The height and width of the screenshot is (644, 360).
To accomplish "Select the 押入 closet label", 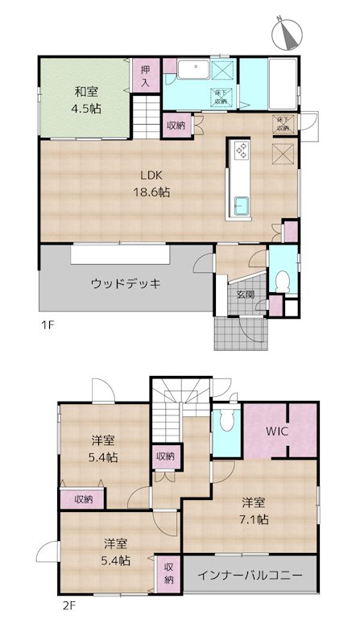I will (146, 76).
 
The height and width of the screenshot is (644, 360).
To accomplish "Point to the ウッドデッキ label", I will (126, 283).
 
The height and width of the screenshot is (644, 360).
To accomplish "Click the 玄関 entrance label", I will (245, 295).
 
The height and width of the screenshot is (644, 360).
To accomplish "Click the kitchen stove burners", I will (242, 150).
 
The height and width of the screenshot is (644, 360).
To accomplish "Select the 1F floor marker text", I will (48, 326).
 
